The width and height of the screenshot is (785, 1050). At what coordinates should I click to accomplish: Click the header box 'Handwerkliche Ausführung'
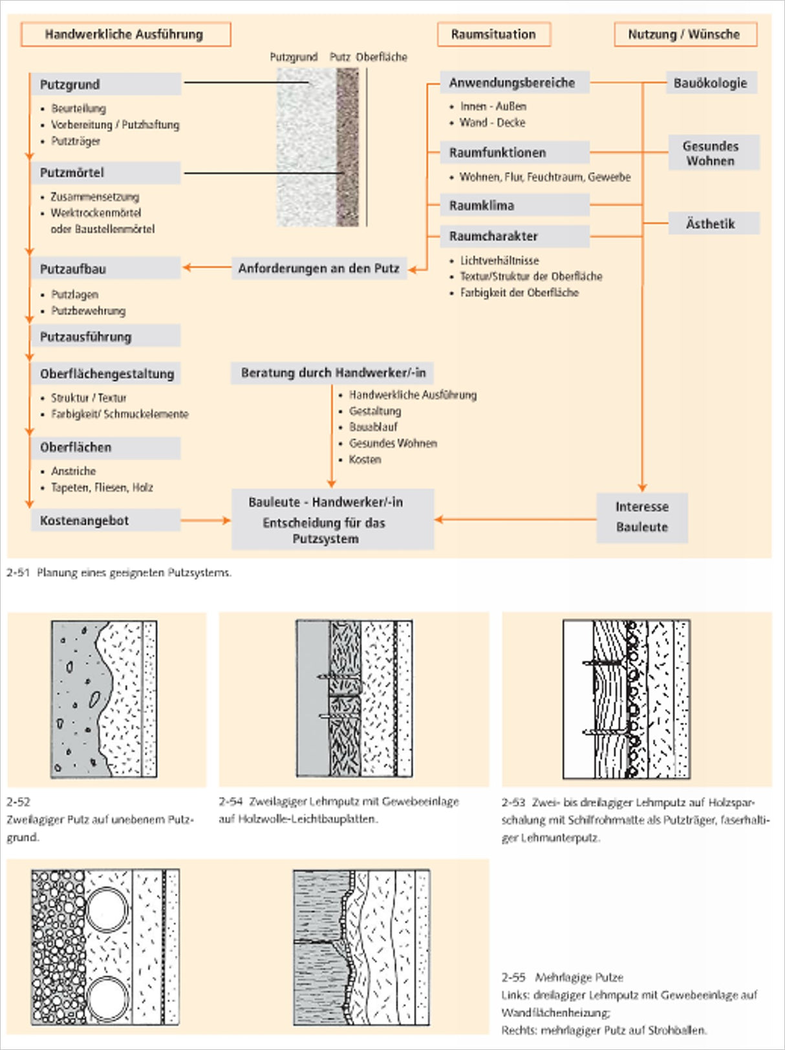[x=125, y=34]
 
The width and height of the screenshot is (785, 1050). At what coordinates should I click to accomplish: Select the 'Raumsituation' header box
[x=494, y=34]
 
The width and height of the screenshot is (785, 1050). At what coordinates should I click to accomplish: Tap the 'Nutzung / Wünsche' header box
[x=685, y=34]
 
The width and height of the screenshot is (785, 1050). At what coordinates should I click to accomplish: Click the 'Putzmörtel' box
[x=105, y=173]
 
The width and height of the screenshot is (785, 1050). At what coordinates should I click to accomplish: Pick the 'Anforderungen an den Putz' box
[x=319, y=268]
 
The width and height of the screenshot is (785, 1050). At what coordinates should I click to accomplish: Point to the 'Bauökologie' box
[x=711, y=83]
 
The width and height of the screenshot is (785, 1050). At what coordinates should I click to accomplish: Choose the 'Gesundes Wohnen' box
[x=713, y=153]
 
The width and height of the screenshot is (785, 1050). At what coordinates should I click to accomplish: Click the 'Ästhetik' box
[x=713, y=223]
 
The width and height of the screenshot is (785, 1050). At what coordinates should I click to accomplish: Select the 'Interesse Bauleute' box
[x=642, y=518]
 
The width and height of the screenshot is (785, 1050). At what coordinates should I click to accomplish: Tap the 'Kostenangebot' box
[x=105, y=520]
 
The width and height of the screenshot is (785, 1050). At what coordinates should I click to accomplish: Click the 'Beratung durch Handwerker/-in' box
[x=332, y=373]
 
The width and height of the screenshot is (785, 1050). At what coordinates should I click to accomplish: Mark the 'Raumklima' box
[x=515, y=206]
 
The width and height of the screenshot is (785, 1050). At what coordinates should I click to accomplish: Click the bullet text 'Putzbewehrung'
[x=89, y=311]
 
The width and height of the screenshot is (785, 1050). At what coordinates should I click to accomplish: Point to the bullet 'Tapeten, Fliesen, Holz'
[x=102, y=487]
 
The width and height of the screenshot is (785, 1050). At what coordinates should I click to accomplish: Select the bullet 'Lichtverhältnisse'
[x=500, y=261]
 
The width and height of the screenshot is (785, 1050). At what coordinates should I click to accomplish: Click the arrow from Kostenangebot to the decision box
[x=206, y=520]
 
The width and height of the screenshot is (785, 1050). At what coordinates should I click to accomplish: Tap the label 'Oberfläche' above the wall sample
[x=382, y=58]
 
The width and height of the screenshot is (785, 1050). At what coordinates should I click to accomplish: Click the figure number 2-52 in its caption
[x=19, y=802]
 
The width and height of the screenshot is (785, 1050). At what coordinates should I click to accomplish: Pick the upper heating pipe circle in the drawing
[x=107, y=910]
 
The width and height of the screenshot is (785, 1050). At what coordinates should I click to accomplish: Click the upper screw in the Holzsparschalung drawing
[x=603, y=664]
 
